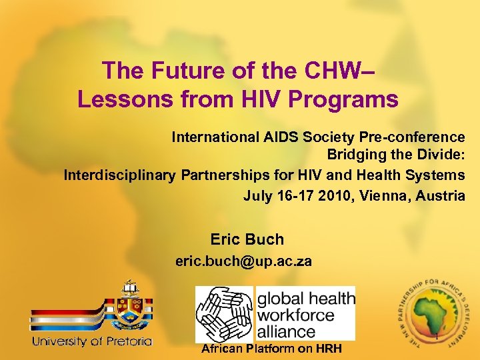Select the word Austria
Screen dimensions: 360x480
click(x=441, y=195)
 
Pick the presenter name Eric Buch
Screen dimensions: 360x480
click(x=247, y=239)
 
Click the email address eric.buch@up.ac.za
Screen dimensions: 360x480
click(x=243, y=261)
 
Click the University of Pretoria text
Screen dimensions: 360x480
click(x=93, y=341)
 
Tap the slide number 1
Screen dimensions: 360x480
click(x=436, y=338)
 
